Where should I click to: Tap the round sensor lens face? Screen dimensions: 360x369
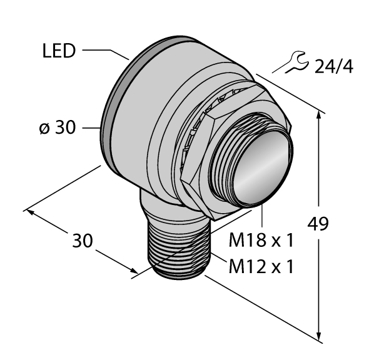[x=257, y=168]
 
